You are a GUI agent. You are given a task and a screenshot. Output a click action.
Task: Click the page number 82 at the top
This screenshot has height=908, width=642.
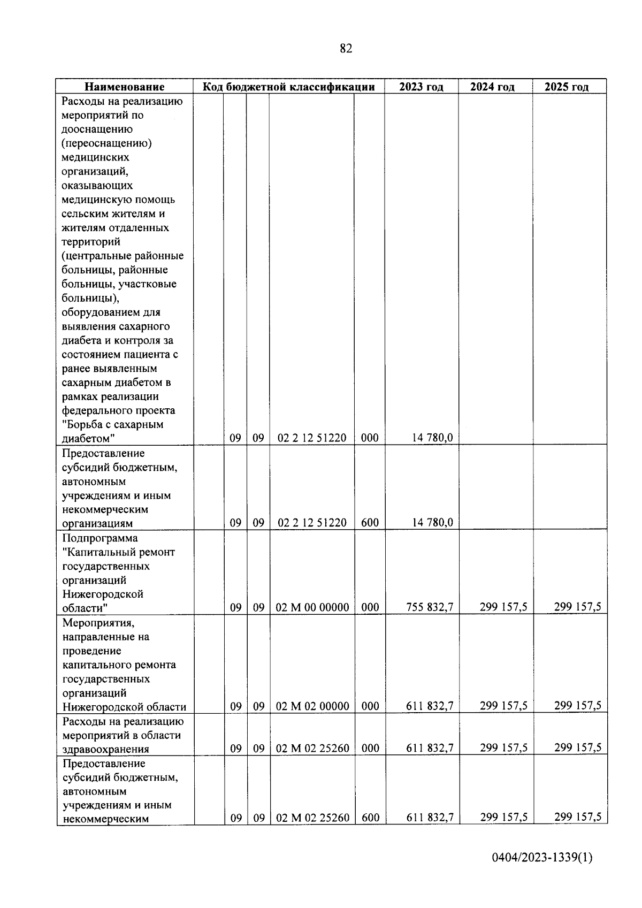346,49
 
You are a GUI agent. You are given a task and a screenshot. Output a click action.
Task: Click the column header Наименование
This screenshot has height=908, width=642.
125,87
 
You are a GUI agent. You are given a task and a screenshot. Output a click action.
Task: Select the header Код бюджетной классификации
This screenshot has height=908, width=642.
288,87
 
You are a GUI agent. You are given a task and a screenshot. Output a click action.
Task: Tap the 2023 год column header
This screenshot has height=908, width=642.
421,87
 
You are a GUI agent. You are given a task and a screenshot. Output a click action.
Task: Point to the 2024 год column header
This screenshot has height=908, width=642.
492,87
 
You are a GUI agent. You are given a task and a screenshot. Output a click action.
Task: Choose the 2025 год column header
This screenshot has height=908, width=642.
567,87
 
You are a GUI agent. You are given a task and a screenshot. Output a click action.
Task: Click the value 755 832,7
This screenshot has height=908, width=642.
430,607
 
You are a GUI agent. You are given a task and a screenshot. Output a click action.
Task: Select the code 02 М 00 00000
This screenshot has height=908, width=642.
312,607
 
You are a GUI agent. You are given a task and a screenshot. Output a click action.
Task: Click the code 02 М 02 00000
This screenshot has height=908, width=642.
312,706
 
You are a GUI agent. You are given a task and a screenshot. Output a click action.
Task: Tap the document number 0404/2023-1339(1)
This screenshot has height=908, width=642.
542,873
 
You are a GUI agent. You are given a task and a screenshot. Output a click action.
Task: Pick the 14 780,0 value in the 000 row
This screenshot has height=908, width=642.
432,438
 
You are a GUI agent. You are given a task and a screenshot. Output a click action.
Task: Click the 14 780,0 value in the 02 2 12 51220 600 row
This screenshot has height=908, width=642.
432,522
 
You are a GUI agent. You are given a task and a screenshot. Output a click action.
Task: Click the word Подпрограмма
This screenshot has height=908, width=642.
100,538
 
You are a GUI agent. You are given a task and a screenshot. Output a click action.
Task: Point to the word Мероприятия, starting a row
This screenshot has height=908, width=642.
98,623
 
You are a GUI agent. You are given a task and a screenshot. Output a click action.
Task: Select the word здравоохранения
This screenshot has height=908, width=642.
106,749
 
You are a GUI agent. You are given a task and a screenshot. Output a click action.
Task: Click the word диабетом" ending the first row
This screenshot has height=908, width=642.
89,439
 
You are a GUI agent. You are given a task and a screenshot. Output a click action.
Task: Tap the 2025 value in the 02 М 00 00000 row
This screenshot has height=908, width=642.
577,607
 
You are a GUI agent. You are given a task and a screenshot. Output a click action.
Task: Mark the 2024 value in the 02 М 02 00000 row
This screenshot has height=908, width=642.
503,706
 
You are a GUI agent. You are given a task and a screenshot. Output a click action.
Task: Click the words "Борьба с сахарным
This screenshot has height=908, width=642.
113,425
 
